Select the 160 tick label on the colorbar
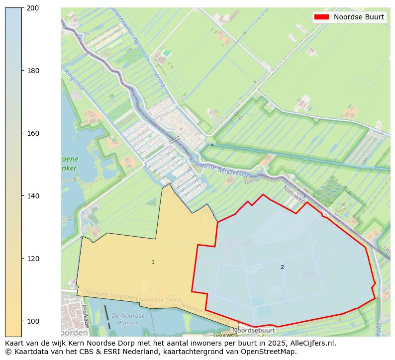33,133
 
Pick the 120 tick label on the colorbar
33,259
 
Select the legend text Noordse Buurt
359,17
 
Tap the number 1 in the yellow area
153,262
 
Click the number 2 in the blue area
282,267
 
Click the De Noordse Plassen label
128,320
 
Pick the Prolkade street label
86,316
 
